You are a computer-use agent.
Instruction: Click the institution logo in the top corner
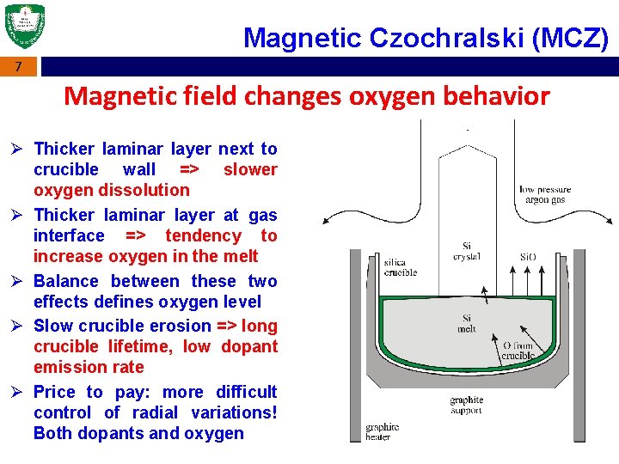pos(24,26)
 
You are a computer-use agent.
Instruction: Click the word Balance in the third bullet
pos(69,281)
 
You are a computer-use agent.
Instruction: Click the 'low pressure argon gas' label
pos(545,195)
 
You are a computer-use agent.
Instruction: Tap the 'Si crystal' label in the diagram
pos(466,251)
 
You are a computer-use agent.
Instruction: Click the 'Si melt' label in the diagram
pos(466,323)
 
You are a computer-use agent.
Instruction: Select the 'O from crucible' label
pos(518,351)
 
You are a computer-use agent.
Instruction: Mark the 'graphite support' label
pos(466,405)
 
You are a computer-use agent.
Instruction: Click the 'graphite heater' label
pos(383,431)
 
